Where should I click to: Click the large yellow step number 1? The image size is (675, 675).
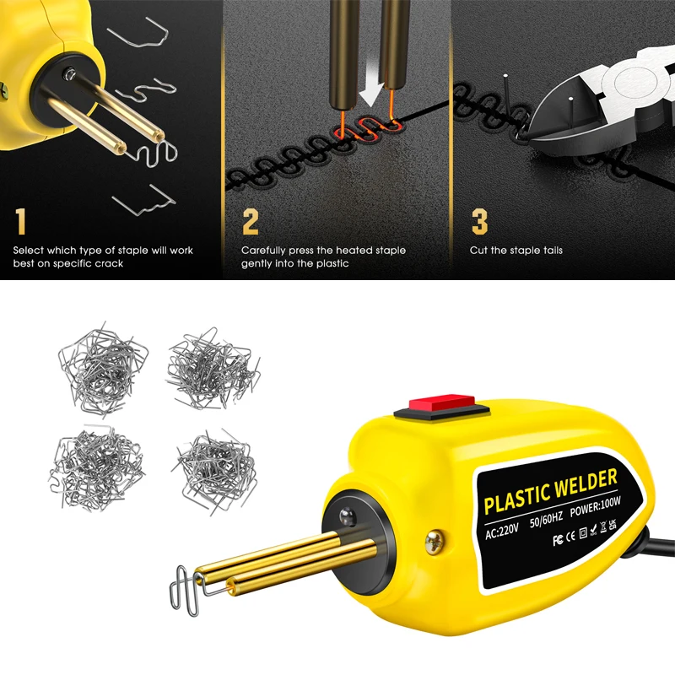(20, 222)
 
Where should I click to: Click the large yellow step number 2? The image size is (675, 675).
(251, 222)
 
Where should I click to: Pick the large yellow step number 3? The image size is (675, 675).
(479, 222)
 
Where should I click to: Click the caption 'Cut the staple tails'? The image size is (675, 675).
(516, 251)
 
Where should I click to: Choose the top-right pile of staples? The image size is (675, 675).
(212, 367)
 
